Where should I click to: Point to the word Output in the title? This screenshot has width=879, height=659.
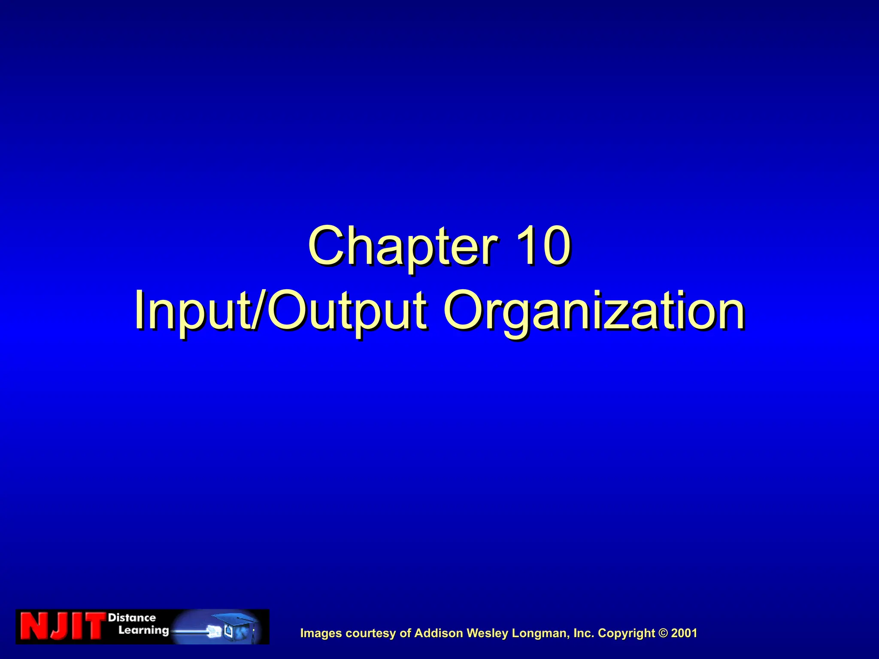pyautogui.click(x=348, y=311)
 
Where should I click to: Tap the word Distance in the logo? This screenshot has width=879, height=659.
pyautogui.click(x=132, y=618)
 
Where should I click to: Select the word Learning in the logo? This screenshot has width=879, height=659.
pyautogui.click(x=143, y=630)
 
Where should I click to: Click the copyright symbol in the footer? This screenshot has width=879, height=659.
pyautogui.click(x=663, y=633)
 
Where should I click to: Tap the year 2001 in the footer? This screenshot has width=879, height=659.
pyautogui.click(x=684, y=633)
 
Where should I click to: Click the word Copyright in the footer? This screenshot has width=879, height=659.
pyautogui.click(x=626, y=633)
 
